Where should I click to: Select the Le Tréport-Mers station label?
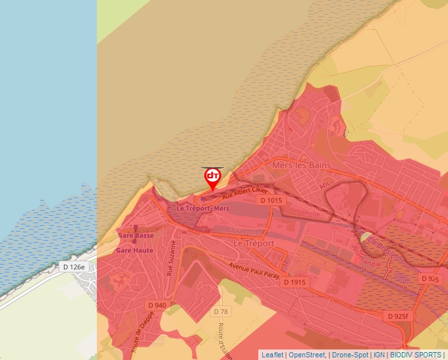(x=202, y=208)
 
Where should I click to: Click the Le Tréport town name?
(x=253, y=243)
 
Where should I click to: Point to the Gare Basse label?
(x=136, y=236)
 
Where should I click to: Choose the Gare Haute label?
(x=134, y=251)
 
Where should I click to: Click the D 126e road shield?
(x=74, y=267)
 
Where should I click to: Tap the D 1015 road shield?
(x=271, y=200)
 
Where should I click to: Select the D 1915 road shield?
(x=294, y=282)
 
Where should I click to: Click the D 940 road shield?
(x=157, y=305)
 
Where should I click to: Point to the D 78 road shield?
(x=221, y=311)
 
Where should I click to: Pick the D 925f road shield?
(x=399, y=317)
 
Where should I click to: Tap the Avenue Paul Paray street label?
(x=254, y=270)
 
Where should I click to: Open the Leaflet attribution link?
(x=272, y=355)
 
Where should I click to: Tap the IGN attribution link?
(x=379, y=355)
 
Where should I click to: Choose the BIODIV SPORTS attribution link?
(x=416, y=355)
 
